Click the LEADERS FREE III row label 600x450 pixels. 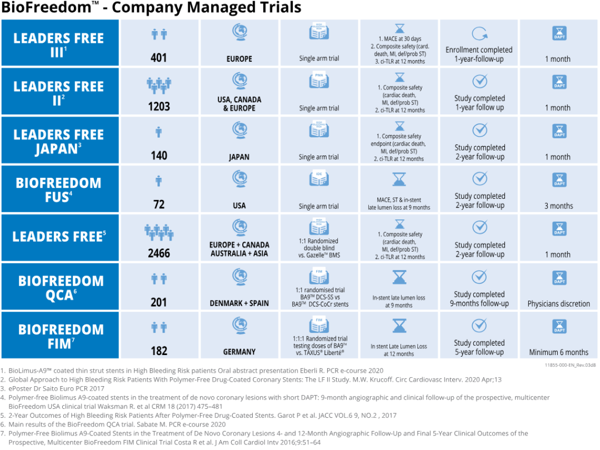59,44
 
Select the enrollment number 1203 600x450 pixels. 159,107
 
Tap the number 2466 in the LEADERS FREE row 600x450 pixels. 159,253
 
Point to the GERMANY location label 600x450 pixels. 239,352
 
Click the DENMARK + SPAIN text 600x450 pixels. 239,303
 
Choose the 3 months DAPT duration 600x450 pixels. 558,206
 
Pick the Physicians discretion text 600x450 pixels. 558,304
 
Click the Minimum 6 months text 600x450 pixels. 558,352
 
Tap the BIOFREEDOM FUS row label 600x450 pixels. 59,190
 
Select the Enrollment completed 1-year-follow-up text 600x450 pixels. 479,54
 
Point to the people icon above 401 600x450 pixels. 159,34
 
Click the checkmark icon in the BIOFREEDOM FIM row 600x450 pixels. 479,326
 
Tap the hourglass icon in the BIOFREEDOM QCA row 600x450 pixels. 399,278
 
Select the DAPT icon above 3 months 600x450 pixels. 559,180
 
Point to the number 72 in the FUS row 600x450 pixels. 159,204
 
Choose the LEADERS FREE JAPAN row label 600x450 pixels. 59,142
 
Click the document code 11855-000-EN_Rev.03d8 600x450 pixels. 571,365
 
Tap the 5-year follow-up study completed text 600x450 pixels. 479,348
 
